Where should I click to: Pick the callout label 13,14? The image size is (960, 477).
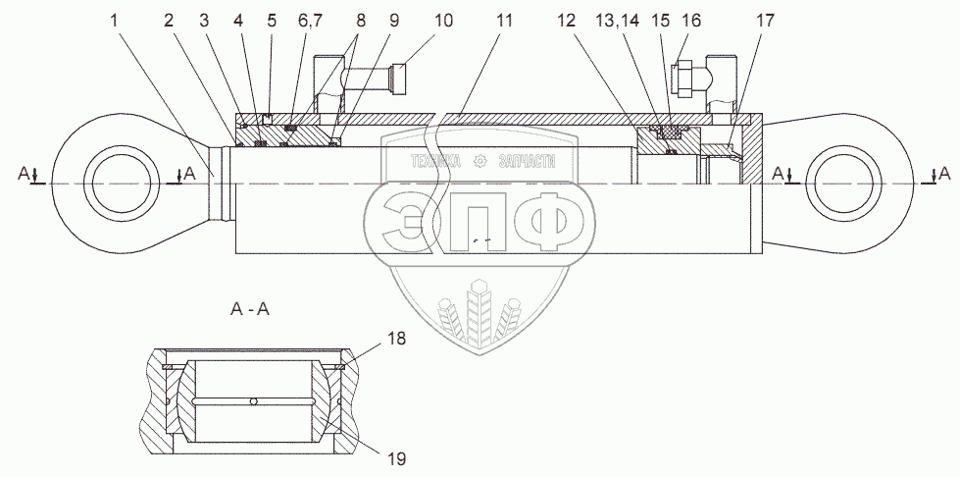[637, 19]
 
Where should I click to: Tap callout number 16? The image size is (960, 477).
[691, 19]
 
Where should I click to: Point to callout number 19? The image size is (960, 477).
[395, 456]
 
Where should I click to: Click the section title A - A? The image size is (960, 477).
[250, 310]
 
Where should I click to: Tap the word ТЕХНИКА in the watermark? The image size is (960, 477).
[429, 163]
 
